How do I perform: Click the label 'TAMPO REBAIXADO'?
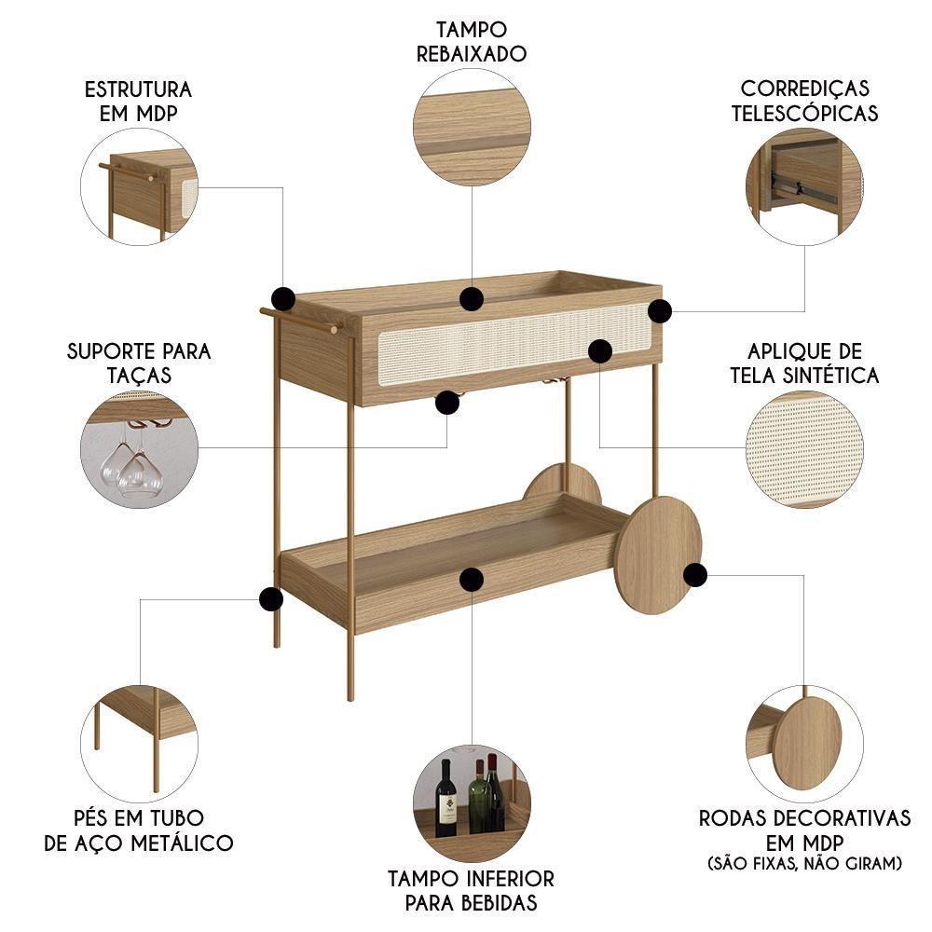472,42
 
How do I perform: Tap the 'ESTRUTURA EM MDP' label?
138,101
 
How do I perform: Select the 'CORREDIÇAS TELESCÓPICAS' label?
805,101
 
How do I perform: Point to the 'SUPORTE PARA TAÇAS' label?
139,363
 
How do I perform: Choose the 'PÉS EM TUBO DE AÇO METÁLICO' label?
139,830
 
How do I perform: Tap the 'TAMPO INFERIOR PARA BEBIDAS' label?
471,890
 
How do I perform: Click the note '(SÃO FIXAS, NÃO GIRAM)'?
805,864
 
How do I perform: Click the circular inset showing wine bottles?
472,803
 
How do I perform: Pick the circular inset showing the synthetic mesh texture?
804,449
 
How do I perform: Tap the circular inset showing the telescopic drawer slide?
804,186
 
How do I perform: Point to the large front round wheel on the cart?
658,555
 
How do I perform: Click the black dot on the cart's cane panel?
600,350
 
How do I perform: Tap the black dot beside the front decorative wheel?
692,574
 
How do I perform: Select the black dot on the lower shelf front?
472,579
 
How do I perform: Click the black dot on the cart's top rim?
472,299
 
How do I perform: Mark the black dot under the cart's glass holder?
448,402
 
